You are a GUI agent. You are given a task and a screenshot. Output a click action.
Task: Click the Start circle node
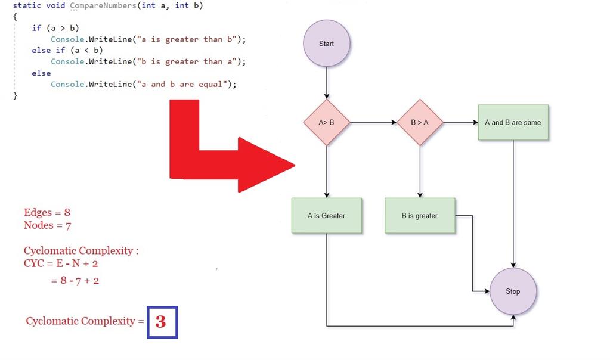coord(326,44)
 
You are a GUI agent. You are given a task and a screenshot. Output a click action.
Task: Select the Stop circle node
coord(513,291)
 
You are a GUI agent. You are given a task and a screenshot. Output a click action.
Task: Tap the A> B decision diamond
coord(326,123)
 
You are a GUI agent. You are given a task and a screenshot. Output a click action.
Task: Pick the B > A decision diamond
coord(420,123)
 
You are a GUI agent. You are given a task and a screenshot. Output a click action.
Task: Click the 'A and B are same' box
coord(513,123)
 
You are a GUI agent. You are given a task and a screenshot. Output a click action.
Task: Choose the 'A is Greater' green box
coord(326,216)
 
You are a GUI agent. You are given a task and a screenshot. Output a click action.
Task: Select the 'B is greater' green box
coord(420,216)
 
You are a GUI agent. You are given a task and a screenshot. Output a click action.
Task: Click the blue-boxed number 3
coord(162,322)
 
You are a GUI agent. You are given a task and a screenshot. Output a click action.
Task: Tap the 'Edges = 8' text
coord(47,213)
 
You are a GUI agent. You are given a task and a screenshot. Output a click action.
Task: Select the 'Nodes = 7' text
coord(47,225)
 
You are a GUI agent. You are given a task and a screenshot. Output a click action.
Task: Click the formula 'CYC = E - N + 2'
coord(61,263)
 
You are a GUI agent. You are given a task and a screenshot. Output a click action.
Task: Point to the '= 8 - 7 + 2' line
coord(75,281)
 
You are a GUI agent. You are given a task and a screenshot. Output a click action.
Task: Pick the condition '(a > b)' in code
coord(63,28)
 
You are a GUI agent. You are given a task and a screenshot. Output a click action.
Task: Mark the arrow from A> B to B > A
coord(373,123)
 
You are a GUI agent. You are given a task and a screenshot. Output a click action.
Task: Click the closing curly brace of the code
coord(16,95)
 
